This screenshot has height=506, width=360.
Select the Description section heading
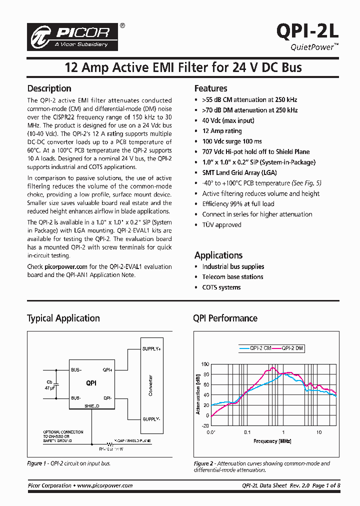coord(49,88)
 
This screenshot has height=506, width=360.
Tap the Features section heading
coord(210,88)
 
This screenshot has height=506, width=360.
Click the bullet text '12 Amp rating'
coord(221,131)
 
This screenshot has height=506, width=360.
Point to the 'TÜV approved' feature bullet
coord(221,225)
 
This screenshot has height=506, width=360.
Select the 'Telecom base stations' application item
coord(232,277)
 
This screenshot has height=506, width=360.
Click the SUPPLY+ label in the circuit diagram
coord(151,348)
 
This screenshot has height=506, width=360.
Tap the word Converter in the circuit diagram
coord(150,385)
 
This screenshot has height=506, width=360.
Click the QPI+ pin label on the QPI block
coord(107,370)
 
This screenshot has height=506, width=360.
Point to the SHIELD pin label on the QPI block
coord(91,406)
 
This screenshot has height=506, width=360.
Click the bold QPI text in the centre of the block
coord(91,383)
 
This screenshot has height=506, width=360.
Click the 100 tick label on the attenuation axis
coord(205,364)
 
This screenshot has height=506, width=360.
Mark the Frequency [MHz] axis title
coord(272,441)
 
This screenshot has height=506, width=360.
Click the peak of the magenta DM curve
coord(272,367)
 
